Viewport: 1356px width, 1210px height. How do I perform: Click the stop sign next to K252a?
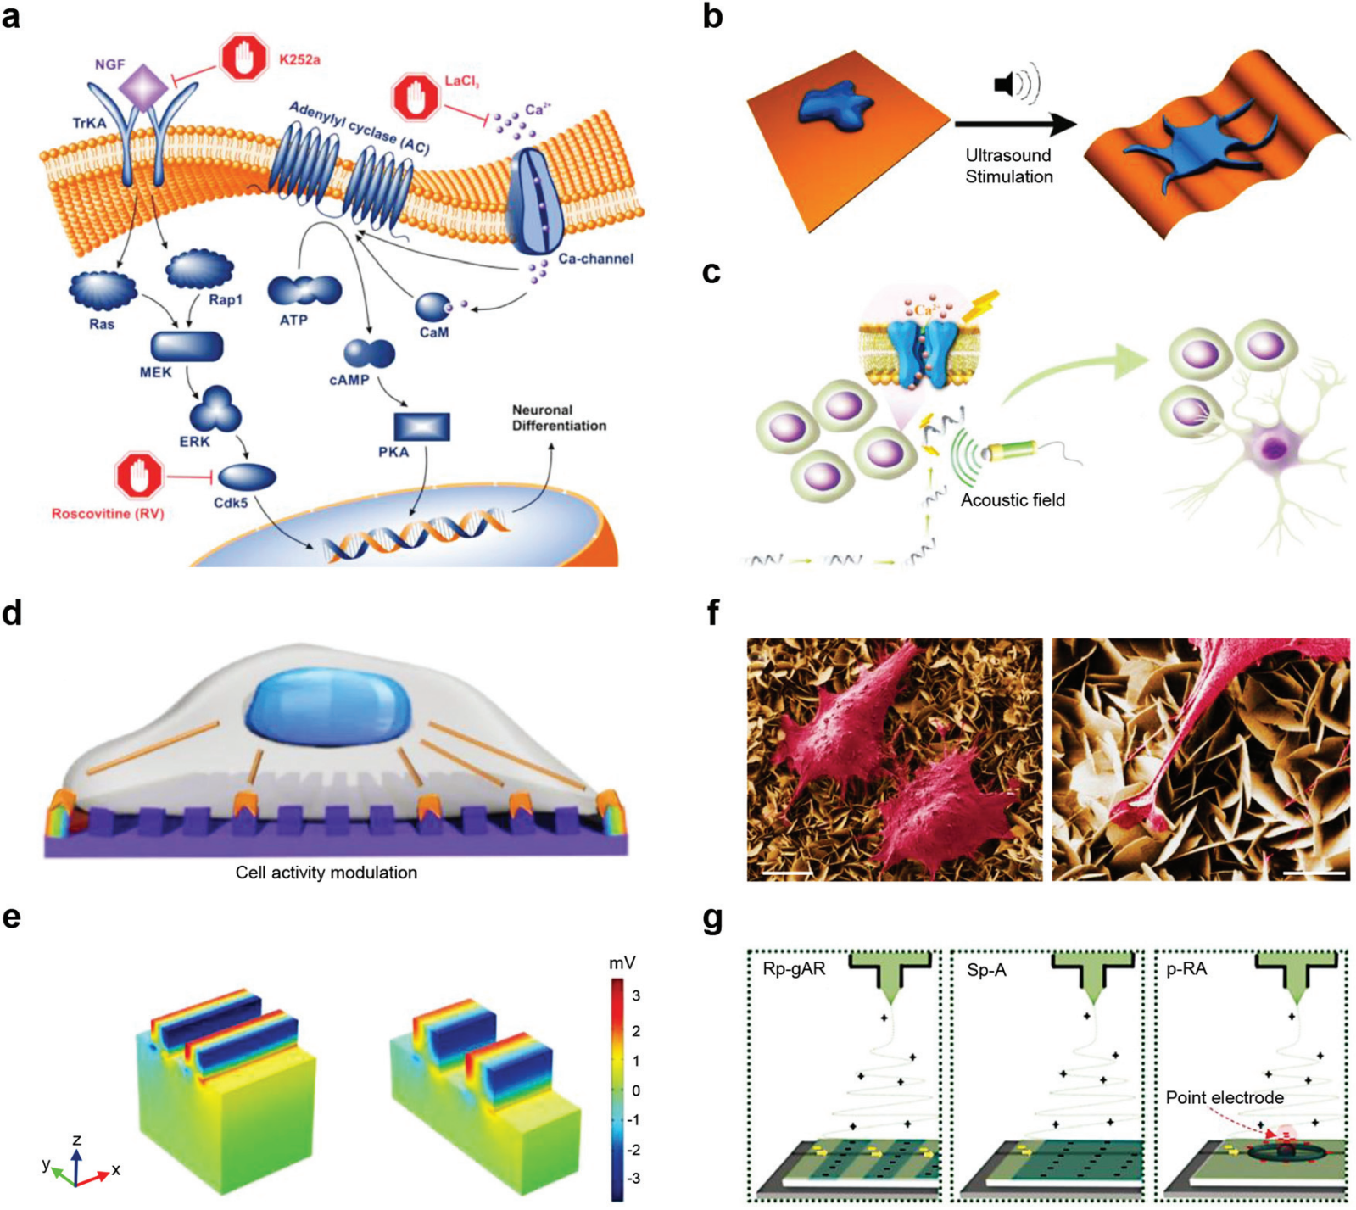click(244, 58)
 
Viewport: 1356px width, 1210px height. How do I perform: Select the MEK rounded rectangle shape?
click(187, 347)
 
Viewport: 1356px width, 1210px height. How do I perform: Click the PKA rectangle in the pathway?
click(421, 427)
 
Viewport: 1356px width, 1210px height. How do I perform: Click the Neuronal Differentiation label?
click(559, 418)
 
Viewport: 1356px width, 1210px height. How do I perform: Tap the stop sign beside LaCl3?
click(416, 98)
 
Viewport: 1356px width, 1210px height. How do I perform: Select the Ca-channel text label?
click(595, 259)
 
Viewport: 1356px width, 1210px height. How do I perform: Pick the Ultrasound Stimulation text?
click(1008, 166)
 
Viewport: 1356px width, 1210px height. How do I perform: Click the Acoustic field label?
click(1013, 500)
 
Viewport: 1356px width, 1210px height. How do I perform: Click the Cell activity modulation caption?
click(326, 873)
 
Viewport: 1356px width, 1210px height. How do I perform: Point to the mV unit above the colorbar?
click(622, 963)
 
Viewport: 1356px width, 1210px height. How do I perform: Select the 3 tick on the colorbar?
click(636, 995)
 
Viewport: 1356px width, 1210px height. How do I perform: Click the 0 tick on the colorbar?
click(636, 1090)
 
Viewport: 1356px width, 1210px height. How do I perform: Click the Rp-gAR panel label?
click(794, 969)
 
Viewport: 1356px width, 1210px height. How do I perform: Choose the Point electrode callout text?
click(1224, 1098)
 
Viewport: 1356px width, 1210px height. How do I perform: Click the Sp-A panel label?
click(986, 969)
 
